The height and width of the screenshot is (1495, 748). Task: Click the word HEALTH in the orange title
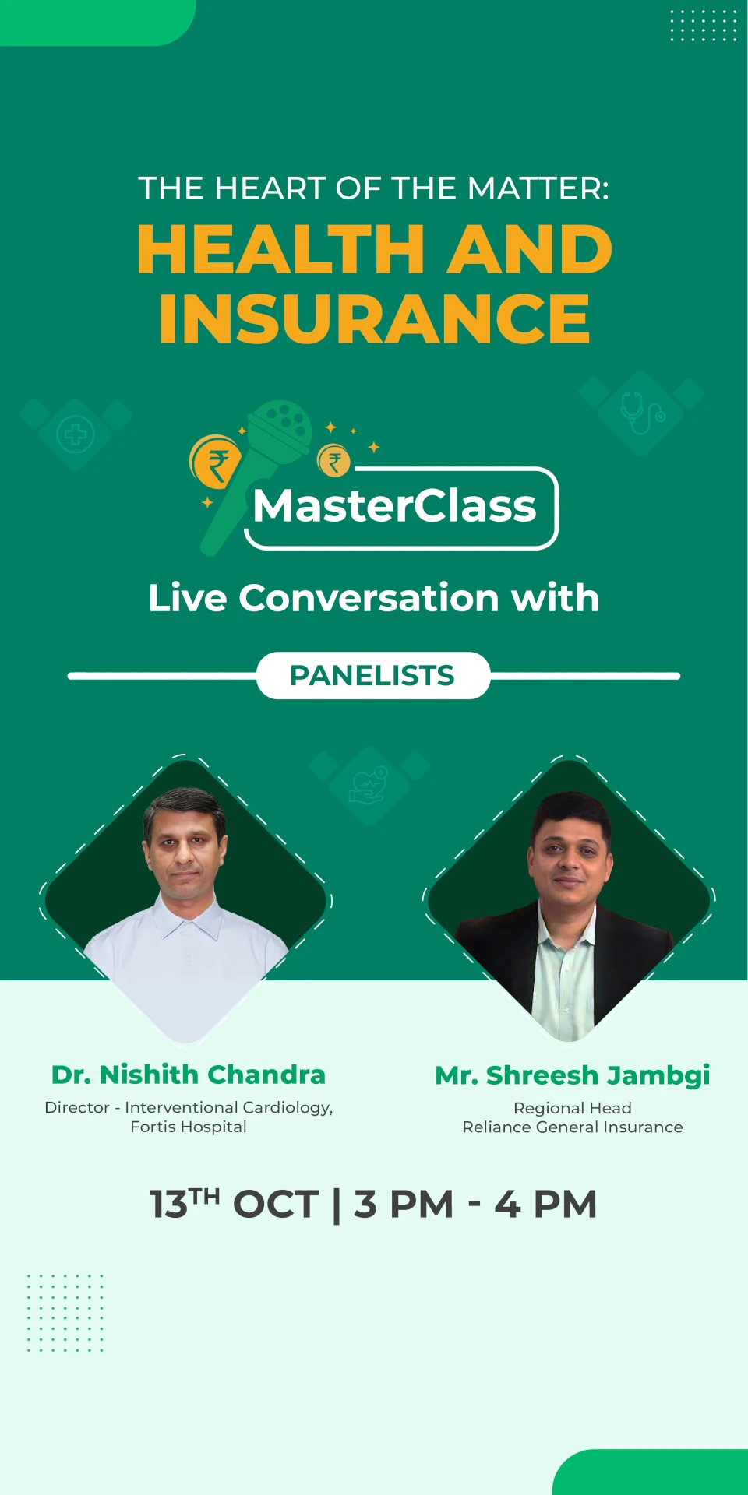click(281, 249)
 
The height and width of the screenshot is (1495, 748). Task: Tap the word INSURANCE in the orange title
click(374, 318)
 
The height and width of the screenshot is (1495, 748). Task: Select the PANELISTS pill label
click(372, 675)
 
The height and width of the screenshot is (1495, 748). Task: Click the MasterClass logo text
click(394, 506)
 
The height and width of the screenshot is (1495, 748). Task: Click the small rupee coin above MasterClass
click(334, 460)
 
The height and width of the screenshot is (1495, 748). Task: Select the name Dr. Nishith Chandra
click(189, 1075)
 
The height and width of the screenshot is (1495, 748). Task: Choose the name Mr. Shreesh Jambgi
click(573, 1076)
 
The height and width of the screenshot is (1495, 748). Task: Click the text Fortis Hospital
click(189, 1127)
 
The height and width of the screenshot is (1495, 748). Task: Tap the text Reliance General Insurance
click(573, 1127)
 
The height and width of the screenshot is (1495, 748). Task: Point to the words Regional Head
click(573, 1108)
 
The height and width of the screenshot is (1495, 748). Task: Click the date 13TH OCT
click(235, 1204)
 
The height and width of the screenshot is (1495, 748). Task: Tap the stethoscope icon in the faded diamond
click(642, 413)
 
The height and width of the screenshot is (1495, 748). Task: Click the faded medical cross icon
click(76, 434)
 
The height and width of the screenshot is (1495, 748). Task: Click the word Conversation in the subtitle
click(369, 598)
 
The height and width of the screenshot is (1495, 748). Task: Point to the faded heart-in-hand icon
click(369, 785)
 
